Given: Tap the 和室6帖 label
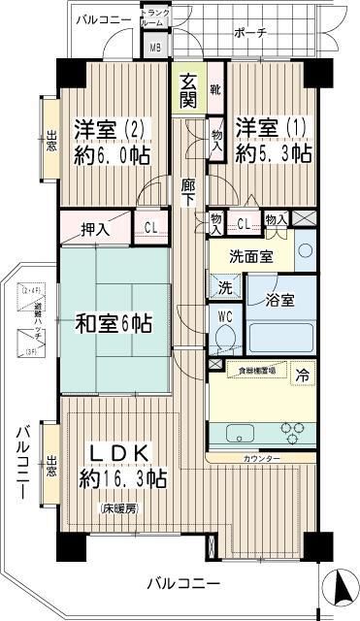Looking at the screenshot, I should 114,323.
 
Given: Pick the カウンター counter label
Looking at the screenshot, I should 262,458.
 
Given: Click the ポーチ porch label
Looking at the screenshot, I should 250,32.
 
